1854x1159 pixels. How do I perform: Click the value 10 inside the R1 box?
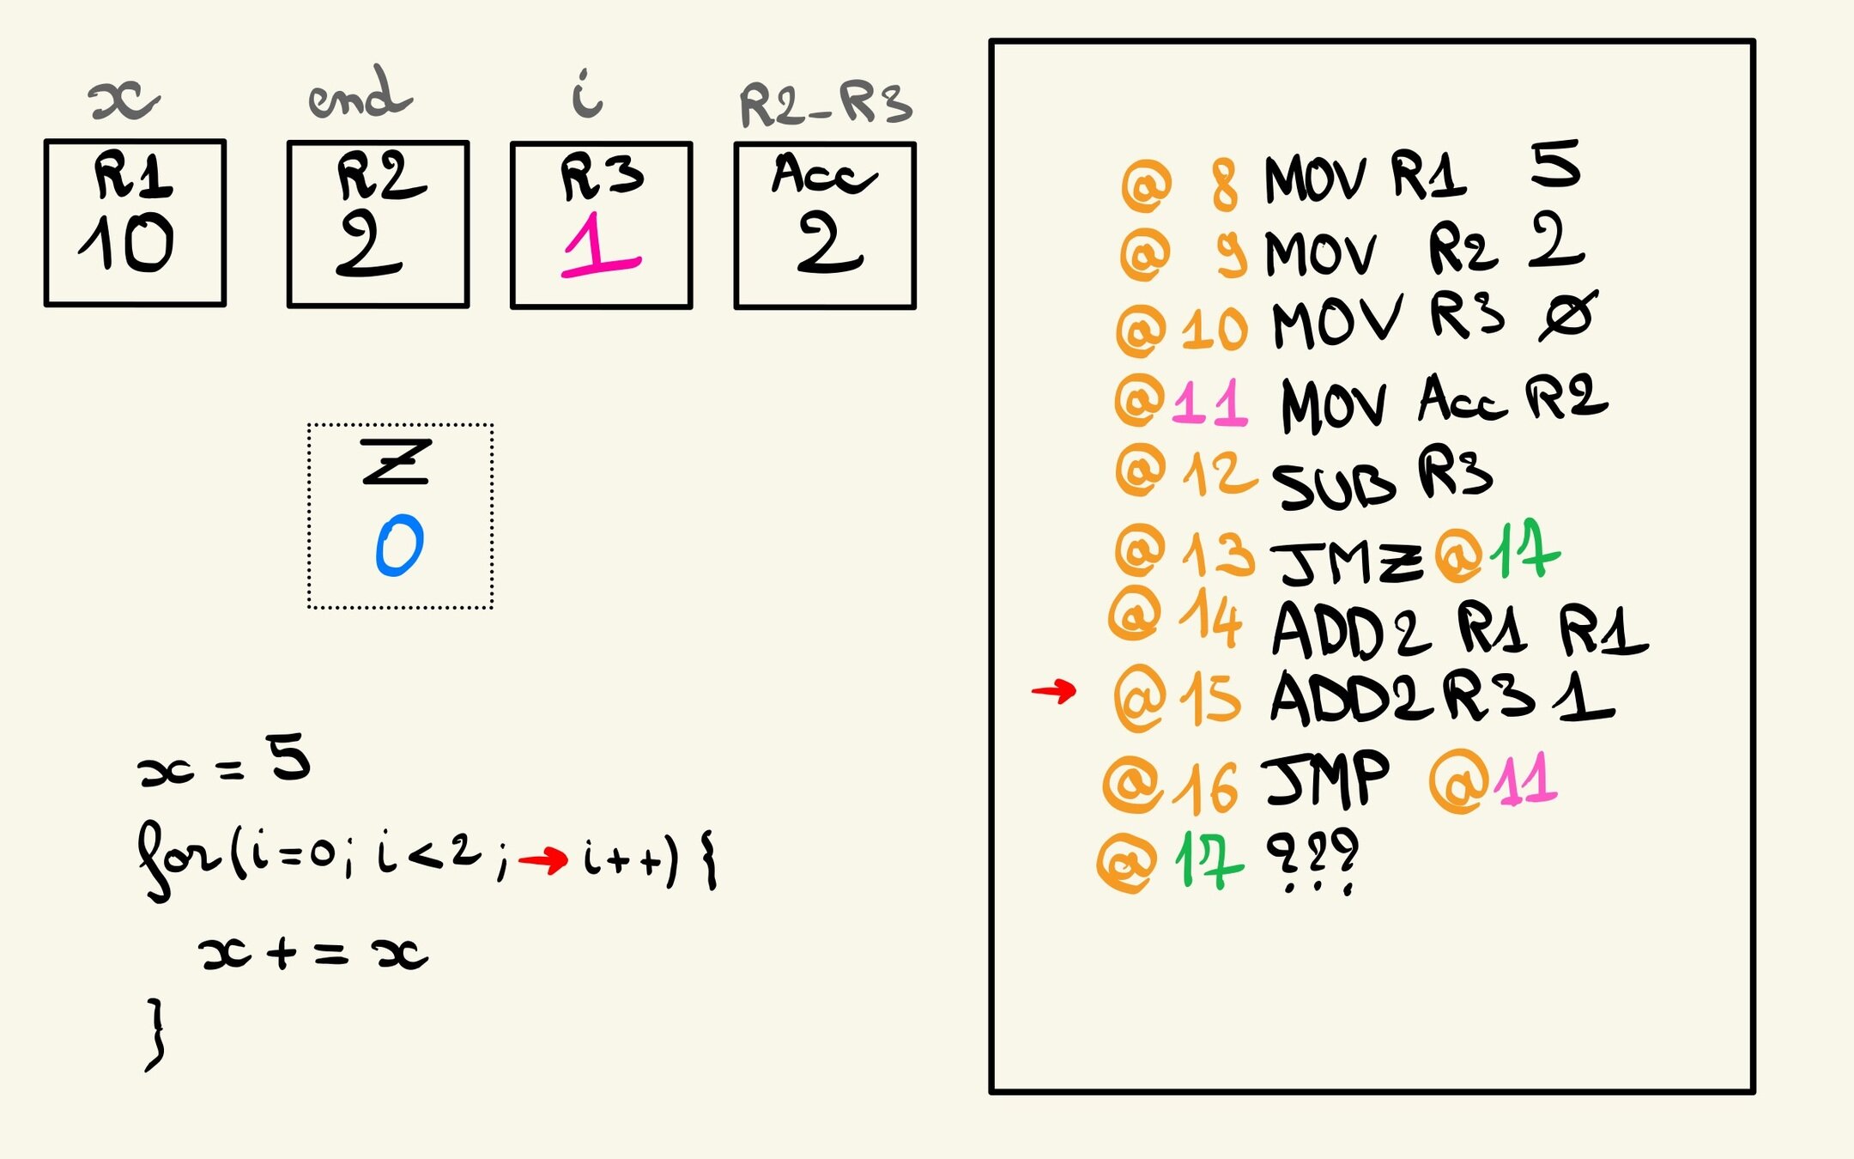click(x=127, y=243)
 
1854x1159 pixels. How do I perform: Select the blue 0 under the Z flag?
click(x=400, y=545)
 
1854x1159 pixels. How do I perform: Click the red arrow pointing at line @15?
click(x=1054, y=690)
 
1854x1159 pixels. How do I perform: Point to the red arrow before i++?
click(x=543, y=859)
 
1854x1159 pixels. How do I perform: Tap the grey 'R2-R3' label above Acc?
click(x=825, y=105)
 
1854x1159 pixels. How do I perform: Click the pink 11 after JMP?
click(x=1525, y=780)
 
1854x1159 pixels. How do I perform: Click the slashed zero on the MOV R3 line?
click(x=1566, y=316)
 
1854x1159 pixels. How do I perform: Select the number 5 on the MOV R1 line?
click(x=1554, y=165)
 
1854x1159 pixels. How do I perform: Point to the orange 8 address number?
click(x=1225, y=185)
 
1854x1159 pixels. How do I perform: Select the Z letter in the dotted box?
click(x=396, y=462)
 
